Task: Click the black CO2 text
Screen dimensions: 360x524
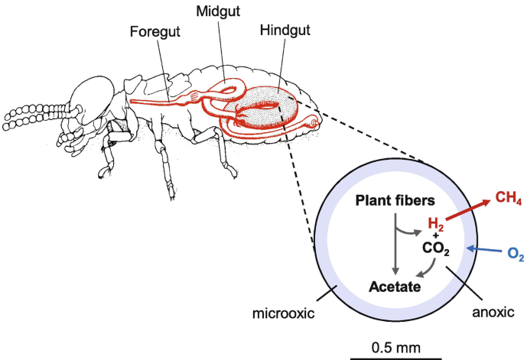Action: point(435,248)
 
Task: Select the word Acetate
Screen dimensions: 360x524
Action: point(395,287)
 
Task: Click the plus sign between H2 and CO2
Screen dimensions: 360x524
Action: point(435,235)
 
